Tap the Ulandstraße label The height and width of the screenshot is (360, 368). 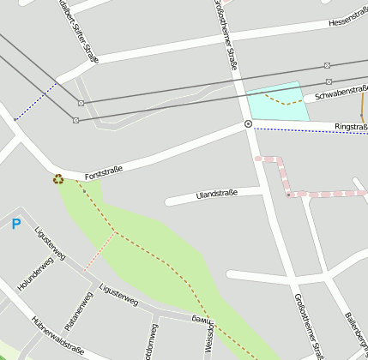(216, 195)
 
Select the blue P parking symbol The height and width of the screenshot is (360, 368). (15, 225)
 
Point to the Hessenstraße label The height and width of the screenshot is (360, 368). (347, 21)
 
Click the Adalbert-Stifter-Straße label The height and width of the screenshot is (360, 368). (85, 33)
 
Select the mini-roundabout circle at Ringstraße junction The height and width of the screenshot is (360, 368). (248, 124)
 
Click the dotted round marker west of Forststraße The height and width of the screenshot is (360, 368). (58, 179)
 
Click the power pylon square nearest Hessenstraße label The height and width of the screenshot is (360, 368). (327, 65)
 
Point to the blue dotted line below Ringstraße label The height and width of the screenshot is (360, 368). (309, 131)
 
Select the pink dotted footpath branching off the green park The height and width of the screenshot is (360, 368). (100, 250)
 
